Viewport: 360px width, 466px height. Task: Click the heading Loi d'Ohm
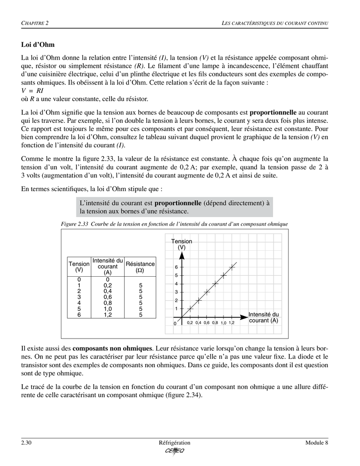(38, 45)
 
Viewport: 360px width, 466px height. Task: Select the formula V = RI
(32, 91)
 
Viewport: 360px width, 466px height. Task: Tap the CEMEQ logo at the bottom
(175, 451)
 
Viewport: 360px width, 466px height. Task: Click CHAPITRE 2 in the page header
(35, 23)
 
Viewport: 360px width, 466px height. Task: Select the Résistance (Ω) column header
(140, 267)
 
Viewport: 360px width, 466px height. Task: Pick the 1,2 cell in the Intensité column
(107, 314)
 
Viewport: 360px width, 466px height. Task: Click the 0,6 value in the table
(107, 296)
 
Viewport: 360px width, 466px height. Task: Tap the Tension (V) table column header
(79, 267)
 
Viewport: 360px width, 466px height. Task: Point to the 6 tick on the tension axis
(176, 267)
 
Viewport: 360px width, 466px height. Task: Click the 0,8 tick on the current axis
(215, 323)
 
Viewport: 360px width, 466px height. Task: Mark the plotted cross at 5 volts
(223, 275)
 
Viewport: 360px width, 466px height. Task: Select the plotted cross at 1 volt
(190, 309)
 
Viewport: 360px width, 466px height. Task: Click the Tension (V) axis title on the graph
(182, 244)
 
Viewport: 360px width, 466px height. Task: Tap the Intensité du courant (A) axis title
(264, 317)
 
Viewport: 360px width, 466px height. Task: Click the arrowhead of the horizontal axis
(246, 317)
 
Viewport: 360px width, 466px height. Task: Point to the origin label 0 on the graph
(174, 323)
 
